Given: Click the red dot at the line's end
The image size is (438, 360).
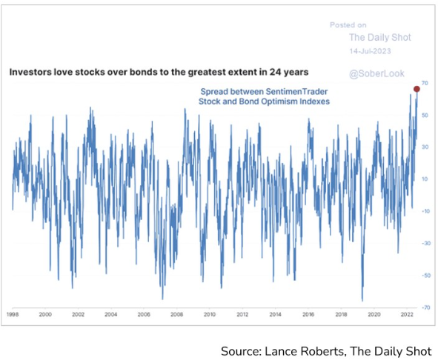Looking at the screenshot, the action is [417, 89].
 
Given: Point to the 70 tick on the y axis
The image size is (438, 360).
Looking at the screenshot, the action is [425, 83].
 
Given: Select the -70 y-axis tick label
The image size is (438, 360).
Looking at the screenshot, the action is [425, 307].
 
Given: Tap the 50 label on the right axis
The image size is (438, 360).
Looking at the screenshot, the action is [425, 115].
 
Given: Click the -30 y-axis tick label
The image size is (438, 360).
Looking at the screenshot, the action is [425, 243].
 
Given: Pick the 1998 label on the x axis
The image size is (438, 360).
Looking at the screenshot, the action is [13, 315].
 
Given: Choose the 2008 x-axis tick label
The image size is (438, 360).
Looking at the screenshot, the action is [176, 315].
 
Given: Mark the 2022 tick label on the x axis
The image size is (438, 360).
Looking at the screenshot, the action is [407, 315].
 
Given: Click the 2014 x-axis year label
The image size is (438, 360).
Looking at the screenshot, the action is [275, 315].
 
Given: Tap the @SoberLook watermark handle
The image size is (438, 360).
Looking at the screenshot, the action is [376, 73].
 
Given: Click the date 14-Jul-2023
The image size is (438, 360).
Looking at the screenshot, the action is [370, 51].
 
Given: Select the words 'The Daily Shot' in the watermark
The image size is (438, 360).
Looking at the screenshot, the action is [380, 37].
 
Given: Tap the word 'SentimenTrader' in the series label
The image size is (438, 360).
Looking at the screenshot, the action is [296, 92].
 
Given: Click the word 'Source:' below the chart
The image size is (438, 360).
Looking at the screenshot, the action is [242, 351].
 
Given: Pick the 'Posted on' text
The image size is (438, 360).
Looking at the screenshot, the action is [348, 25].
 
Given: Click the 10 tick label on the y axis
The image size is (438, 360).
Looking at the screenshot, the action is [425, 179].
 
